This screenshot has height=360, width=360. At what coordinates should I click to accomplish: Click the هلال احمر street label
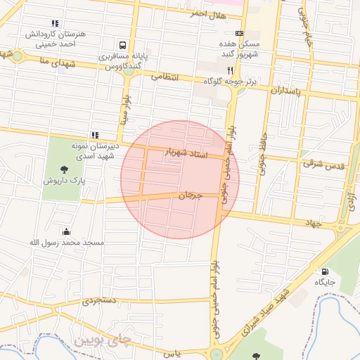[x=208, y=13]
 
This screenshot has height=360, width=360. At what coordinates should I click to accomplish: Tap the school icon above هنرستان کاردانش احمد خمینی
[x=56, y=23]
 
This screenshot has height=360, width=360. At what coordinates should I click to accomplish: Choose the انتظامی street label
[x=166, y=77]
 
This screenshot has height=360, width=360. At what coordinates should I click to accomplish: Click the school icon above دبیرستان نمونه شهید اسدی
[x=95, y=135]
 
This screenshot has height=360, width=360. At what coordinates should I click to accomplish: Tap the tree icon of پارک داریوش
[x=65, y=169]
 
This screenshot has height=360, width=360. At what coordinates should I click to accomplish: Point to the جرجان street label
[x=190, y=195]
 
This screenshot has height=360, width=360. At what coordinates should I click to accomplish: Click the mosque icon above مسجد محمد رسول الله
[x=66, y=231]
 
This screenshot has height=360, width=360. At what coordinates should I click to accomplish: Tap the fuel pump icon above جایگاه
[x=324, y=271]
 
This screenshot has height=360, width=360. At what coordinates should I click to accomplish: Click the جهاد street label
[x=312, y=223]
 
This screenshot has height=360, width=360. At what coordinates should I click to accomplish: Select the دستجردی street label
[x=97, y=301]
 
